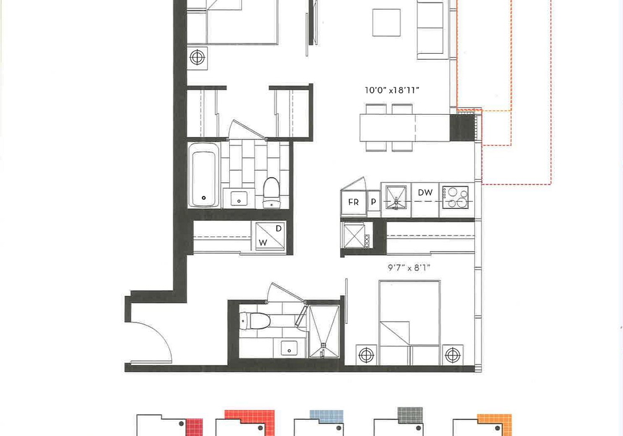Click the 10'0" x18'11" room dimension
tap(392, 90)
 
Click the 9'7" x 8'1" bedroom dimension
tap(409, 268)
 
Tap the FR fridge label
tap(353, 202)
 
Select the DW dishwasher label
tap(425, 193)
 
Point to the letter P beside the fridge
tap(374, 202)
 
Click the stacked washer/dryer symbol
tap(270, 236)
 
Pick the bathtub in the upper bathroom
tap(203, 174)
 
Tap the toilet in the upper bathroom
tap(272, 192)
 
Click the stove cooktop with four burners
tap(456, 197)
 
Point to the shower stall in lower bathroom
tap(324, 331)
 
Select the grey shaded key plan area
tap(410, 415)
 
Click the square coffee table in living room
tap(386, 22)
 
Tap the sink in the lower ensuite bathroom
tap(289, 348)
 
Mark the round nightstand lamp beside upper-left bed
tap(197, 58)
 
